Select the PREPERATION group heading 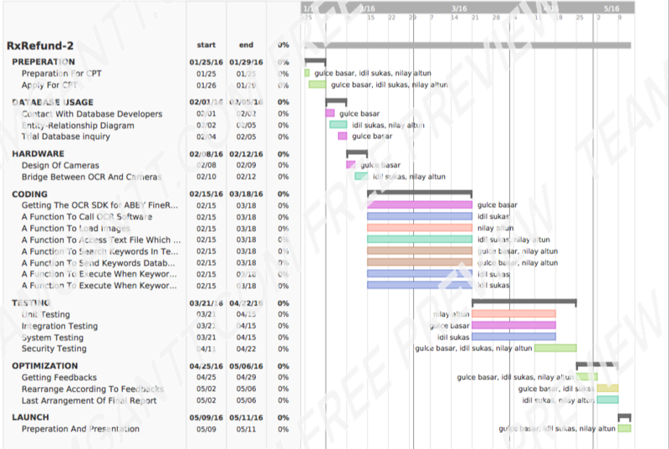coord(43,62)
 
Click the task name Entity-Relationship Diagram coord(78,126)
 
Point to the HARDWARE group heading coord(38,154)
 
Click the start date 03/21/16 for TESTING coord(205,303)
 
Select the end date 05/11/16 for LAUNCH coord(246,417)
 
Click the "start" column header coord(206,45)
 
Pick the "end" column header coord(246,45)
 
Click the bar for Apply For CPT coord(317,85)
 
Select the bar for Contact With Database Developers coord(329,113)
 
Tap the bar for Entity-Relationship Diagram coord(338,125)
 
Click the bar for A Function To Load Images coord(419,228)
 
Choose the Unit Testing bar coord(513,314)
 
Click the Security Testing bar coord(555,348)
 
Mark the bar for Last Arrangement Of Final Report coord(608,400)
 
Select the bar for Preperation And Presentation coord(624,429)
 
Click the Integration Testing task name coord(59,326)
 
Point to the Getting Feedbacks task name coord(59,378)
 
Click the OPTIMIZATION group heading coord(44,366)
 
